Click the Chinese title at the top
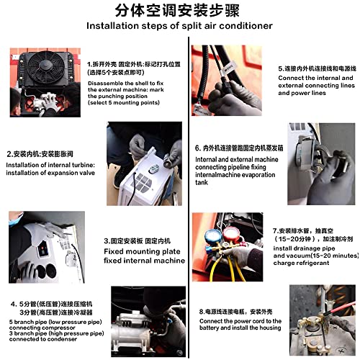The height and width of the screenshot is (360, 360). point(179,10)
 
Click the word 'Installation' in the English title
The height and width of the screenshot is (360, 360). point(115,26)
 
